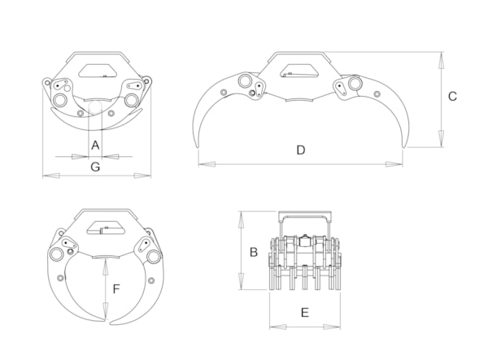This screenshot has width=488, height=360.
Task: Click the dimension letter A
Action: [95, 145]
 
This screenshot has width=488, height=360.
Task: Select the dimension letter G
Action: [95, 167]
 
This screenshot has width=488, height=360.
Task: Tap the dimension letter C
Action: [452, 97]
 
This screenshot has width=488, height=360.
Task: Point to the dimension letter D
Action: [301, 150]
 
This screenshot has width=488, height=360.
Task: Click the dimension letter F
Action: [116, 289]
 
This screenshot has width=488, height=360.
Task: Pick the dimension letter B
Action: [254, 252]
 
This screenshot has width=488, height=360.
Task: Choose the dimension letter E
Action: [305, 312]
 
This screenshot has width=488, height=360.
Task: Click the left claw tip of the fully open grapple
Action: [197, 147]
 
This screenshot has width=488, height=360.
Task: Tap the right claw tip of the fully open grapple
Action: [403, 147]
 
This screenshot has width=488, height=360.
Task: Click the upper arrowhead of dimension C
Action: [441, 61]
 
